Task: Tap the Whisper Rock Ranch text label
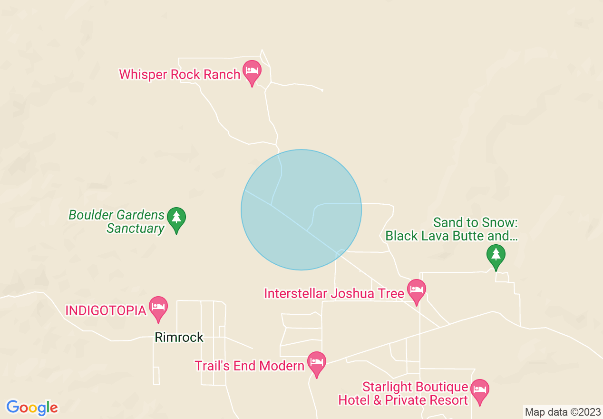click(x=179, y=75)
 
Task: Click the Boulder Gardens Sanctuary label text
click(x=117, y=222)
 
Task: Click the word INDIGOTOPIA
click(x=105, y=311)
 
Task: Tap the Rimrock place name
click(x=179, y=338)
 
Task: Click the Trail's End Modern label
click(x=249, y=366)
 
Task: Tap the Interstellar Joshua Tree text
click(x=334, y=293)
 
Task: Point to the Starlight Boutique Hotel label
click(x=403, y=393)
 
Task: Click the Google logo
click(x=32, y=408)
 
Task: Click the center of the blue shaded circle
click(x=301, y=210)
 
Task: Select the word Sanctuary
click(x=135, y=229)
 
